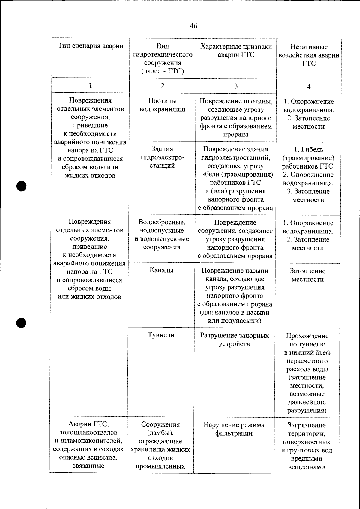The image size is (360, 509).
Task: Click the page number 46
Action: [193, 26]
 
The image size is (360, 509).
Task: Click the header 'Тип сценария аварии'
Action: [91, 46]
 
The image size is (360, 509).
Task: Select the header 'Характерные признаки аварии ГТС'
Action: [236, 51]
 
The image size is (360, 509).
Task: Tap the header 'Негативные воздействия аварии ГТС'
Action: [309, 55]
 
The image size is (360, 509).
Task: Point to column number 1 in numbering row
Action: [90, 85]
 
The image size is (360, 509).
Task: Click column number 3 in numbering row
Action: [236, 86]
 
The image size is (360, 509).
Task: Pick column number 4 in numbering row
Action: [309, 87]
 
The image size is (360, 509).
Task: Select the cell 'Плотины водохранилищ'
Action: [163, 105]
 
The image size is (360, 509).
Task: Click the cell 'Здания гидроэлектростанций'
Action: [162, 157]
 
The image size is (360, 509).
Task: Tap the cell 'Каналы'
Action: [161, 270]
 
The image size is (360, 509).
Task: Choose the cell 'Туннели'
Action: [161, 335]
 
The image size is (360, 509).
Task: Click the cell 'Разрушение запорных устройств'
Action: [235, 340]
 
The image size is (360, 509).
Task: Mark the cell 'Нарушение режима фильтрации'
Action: [234, 429]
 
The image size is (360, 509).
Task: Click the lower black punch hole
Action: [22, 322]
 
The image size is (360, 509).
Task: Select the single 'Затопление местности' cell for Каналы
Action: [307, 275]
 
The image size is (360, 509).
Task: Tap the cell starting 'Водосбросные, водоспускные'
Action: [162, 235]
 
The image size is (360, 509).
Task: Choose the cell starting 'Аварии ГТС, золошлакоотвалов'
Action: [88, 445]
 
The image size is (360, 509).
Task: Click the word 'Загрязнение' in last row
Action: [307, 425]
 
